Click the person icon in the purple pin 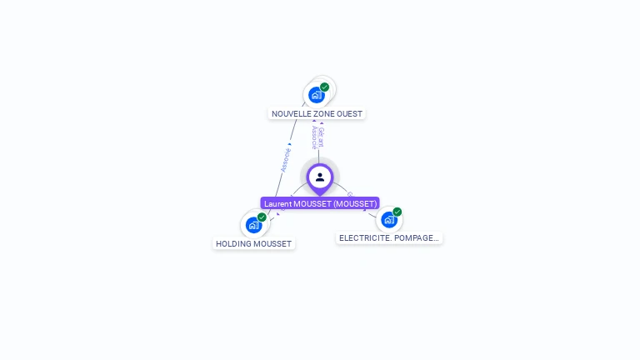[320, 177]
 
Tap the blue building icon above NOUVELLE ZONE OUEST [316, 95]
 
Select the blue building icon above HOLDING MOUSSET [253, 225]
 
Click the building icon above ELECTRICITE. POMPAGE [388, 220]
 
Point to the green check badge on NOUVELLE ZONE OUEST [324, 87]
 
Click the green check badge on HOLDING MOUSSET [262, 217]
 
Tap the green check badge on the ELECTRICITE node [397, 212]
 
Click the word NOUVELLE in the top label [291, 113]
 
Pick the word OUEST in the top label [349, 113]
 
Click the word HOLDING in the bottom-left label [233, 244]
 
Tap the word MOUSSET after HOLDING [273, 244]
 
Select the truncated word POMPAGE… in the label [414, 238]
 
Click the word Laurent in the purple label [278, 203]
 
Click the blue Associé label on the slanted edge [285, 160]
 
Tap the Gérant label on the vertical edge [322, 137]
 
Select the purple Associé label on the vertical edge [314, 137]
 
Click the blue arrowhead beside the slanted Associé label [289, 144]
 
